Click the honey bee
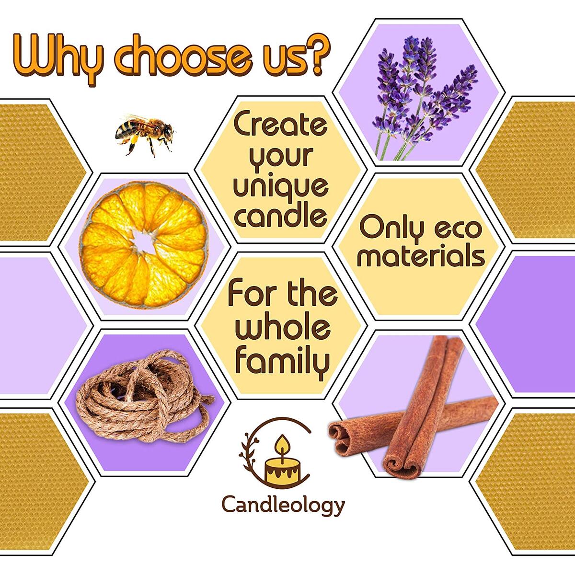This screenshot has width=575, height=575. click(144, 133)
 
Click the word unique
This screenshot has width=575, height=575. click(281, 187)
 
